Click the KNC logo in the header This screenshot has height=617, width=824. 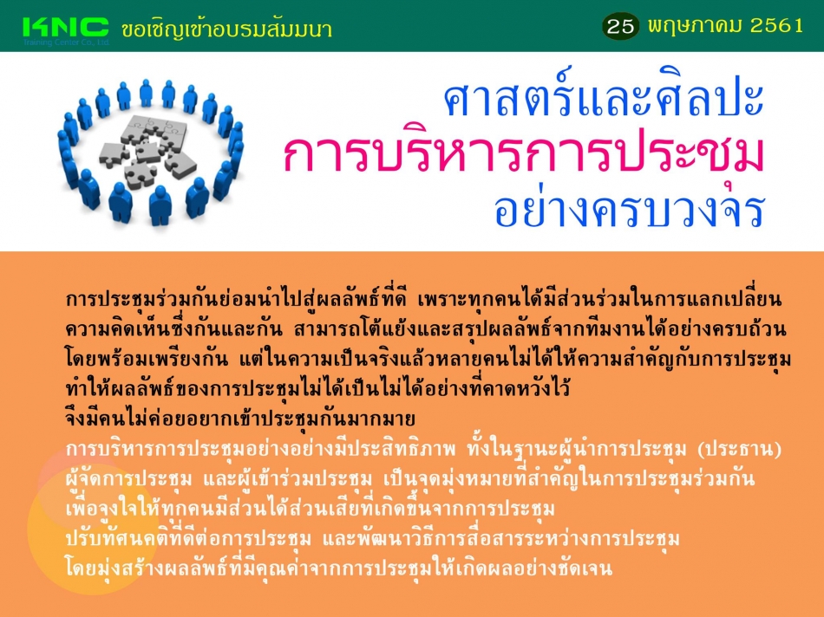pyautogui.click(x=66, y=28)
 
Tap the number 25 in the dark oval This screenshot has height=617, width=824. pyautogui.click(x=621, y=26)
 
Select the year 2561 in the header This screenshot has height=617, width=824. pyautogui.click(x=776, y=25)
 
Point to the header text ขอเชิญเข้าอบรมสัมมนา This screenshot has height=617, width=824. pyautogui.click(x=226, y=29)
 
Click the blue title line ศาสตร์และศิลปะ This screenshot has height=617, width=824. pyautogui.click(x=604, y=95)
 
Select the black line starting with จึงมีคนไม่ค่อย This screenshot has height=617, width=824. pyautogui.click(x=240, y=419)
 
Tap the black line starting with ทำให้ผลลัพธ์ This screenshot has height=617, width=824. pyautogui.click(x=317, y=388)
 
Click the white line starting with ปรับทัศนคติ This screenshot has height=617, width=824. pyautogui.click(x=372, y=538)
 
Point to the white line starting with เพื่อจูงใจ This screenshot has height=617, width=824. pyautogui.click(x=310, y=509)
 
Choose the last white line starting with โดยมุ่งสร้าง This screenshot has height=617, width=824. pyautogui.click(x=338, y=568)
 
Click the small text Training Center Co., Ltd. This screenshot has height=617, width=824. pyautogui.click(x=66, y=42)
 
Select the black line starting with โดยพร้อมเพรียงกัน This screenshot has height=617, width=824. pyautogui.click(x=428, y=359)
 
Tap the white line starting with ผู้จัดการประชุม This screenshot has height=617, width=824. pyautogui.click(x=410, y=479)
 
